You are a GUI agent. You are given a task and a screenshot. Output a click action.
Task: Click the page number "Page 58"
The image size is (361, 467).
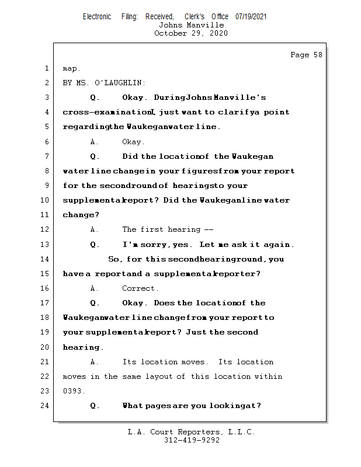click(306, 55)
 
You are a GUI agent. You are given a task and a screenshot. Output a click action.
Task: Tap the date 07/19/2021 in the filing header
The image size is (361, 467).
click(251, 17)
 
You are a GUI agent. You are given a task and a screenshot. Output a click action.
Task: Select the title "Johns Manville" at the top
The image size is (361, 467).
click(191, 25)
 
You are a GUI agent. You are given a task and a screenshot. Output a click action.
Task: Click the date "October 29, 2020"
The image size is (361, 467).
click(191, 33)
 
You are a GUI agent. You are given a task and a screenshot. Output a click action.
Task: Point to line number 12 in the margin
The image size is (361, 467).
click(46, 229)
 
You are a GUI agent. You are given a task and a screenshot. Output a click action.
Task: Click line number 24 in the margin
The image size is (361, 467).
click(46, 406)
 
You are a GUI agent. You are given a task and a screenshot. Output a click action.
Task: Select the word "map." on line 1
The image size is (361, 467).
click(71, 68)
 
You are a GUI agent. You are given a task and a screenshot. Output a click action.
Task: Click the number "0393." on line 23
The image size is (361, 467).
click(74, 391)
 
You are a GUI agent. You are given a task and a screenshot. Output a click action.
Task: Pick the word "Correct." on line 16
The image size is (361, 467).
click(140, 288)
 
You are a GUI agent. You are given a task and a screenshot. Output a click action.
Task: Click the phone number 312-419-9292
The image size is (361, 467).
click(192, 440)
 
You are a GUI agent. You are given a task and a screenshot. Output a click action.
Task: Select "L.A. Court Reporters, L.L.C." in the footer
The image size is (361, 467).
click(192, 432)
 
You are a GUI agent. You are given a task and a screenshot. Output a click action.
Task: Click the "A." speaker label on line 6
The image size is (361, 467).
click(93, 141)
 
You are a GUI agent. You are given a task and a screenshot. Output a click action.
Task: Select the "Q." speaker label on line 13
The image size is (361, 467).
click(95, 245)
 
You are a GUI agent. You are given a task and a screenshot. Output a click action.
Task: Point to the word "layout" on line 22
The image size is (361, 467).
click(154, 377)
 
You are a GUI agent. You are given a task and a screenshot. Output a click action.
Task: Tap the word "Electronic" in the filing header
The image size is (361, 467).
click(97, 17)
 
